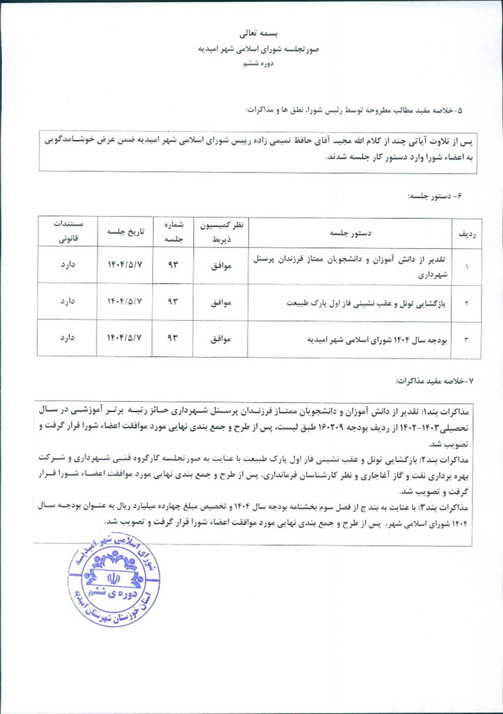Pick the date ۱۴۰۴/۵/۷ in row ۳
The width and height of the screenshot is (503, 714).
click(124, 339)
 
